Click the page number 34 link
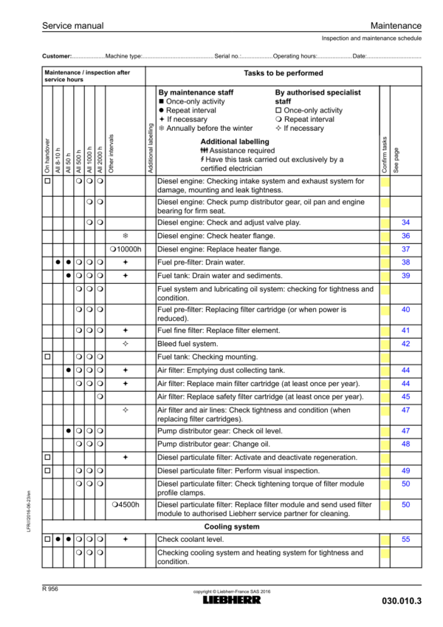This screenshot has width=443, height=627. (405, 223)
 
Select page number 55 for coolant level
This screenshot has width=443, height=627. (405, 540)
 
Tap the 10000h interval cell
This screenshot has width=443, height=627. (126, 249)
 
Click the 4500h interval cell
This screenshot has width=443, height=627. (126, 504)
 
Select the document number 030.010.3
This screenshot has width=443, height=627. (402, 601)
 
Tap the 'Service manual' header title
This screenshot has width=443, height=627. (72, 26)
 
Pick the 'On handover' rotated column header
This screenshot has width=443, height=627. (47, 156)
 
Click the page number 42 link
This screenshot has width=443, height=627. (405, 344)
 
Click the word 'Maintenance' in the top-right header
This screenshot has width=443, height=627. (396, 26)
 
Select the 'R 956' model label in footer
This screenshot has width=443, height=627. (52, 588)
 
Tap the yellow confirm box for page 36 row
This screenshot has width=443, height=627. (385, 236)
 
